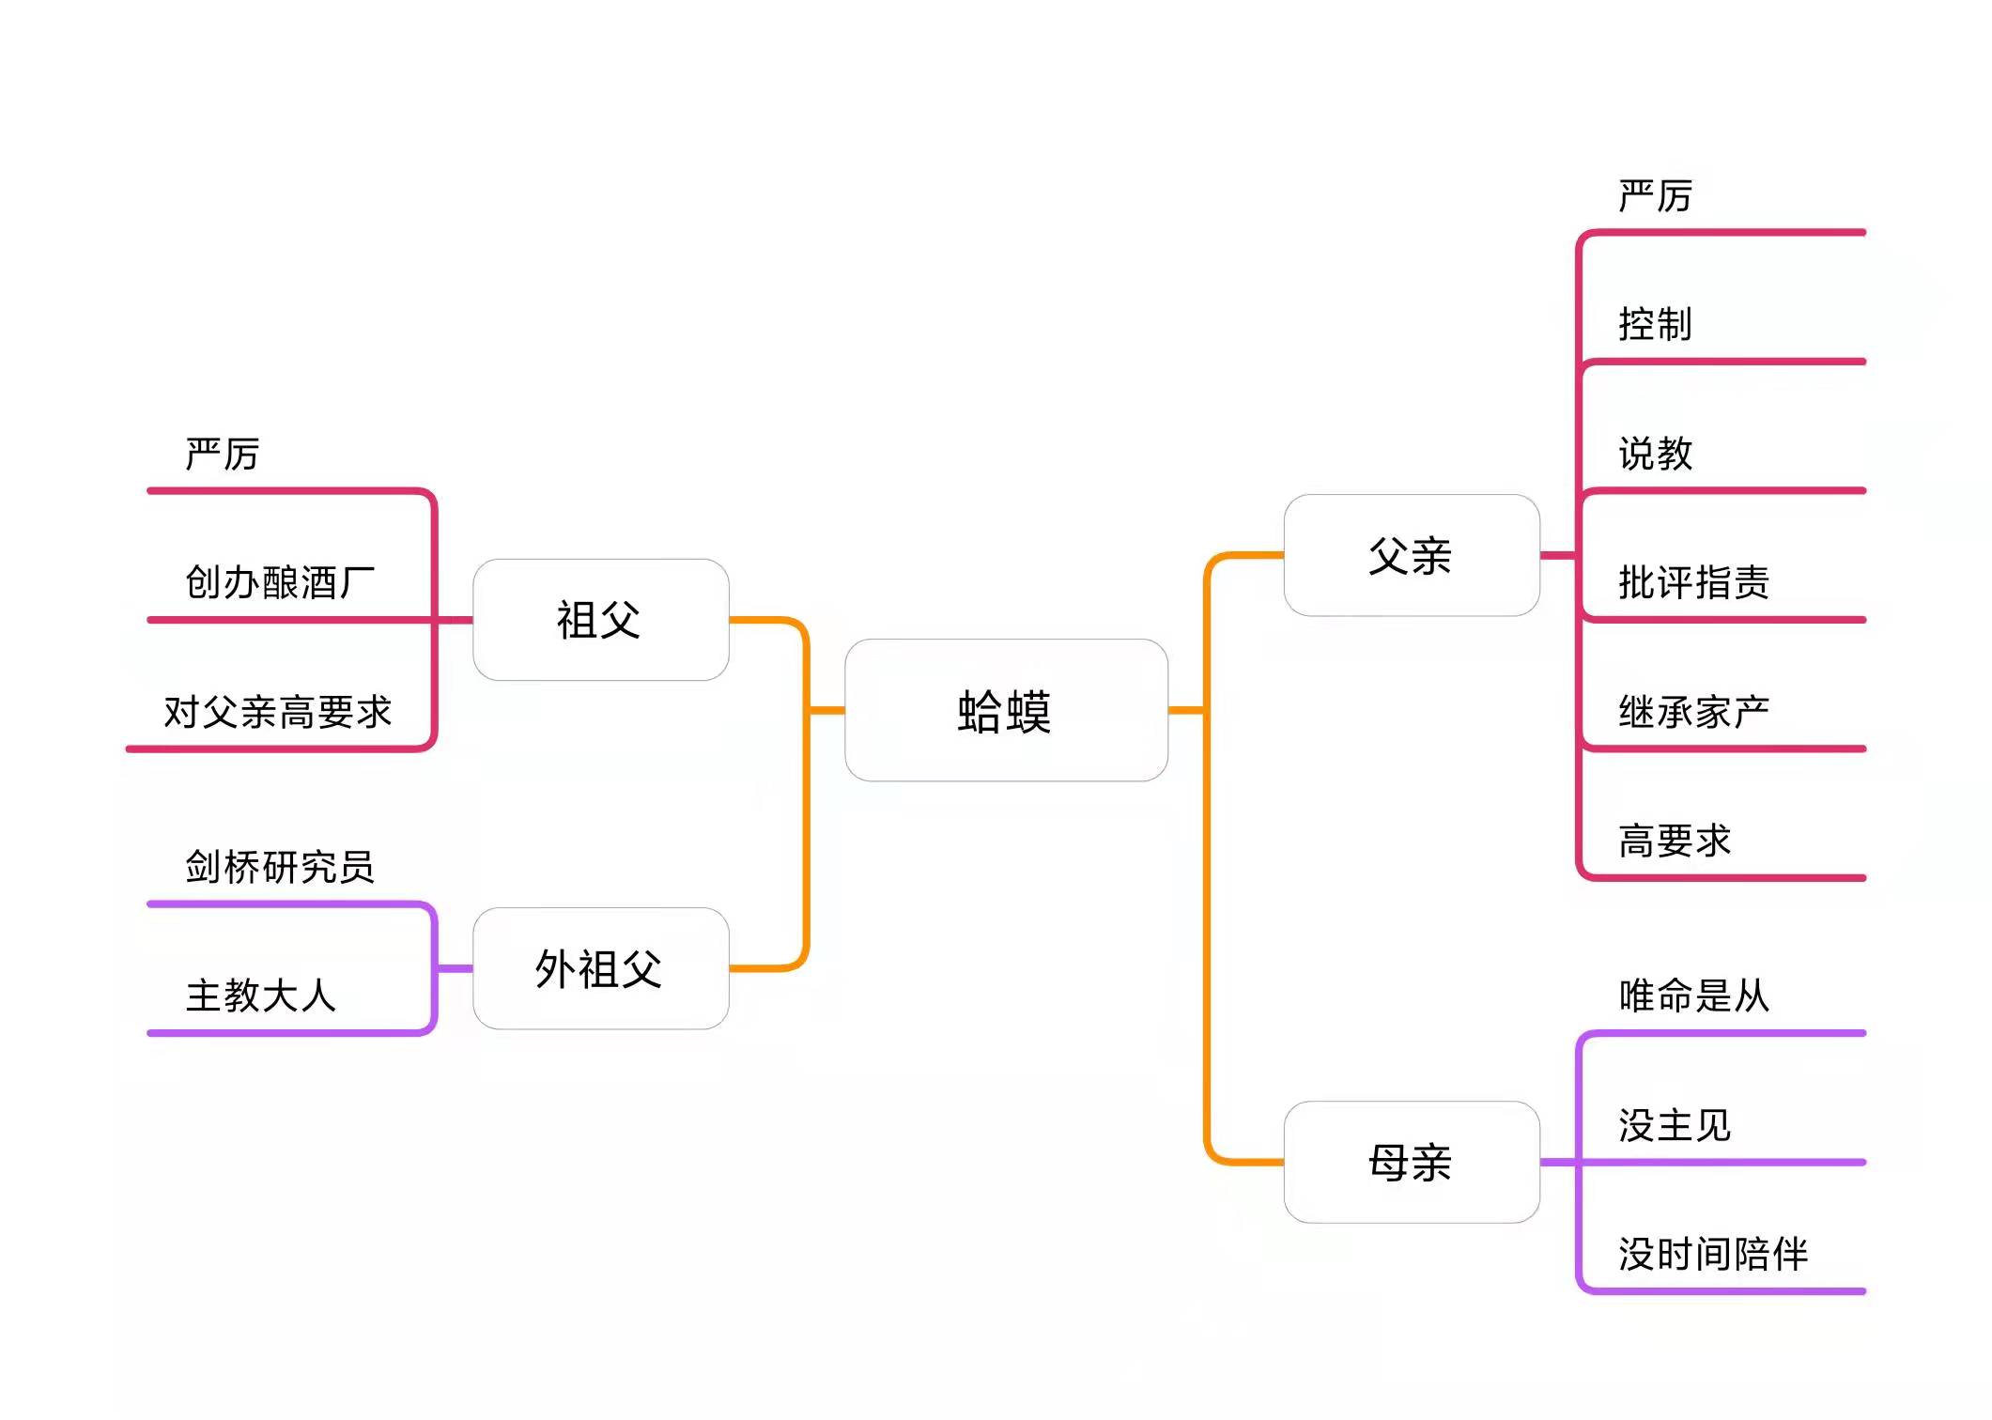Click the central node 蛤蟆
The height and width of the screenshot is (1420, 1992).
pyautogui.click(x=1005, y=710)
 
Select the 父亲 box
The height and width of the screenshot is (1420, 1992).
pyautogui.click(x=1411, y=555)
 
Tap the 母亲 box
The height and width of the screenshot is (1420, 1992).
pyautogui.click(x=1411, y=1162)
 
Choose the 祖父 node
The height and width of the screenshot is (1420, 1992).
pyautogui.click(x=600, y=620)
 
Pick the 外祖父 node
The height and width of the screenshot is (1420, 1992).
pyautogui.click(x=600, y=968)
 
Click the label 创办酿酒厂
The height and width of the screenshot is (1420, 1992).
pyautogui.click(x=280, y=582)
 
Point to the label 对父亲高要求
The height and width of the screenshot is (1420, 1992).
pyautogui.click(x=277, y=712)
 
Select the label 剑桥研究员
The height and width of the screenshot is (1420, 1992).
pyautogui.click(x=280, y=866)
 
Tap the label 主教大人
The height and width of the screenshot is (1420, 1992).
pyautogui.click(x=260, y=996)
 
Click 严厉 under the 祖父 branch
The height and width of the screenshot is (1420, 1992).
pyautogui.click(x=222, y=455)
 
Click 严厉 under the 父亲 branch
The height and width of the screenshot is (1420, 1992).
pyautogui.click(x=1655, y=196)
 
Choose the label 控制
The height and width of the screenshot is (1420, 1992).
pyautogui.click(x=1655, y=325)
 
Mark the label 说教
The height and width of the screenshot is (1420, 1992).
pyautogui.click(x=1655, y=455)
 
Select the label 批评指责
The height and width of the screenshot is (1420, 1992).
pyautogui.click(x=1693, y=582)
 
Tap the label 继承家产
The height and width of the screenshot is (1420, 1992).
pyautogui.click(x=1693, y=712)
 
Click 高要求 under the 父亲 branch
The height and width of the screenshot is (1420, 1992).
pyautogui.click(x=1674, y=841)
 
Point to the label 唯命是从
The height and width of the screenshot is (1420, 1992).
pyautogui.click(x=1693, y=996)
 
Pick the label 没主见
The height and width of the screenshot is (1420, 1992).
pyautogui.click(x=1674, y=1125)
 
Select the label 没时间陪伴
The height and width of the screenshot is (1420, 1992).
pyautogui.click(x=1712, y=1254)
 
